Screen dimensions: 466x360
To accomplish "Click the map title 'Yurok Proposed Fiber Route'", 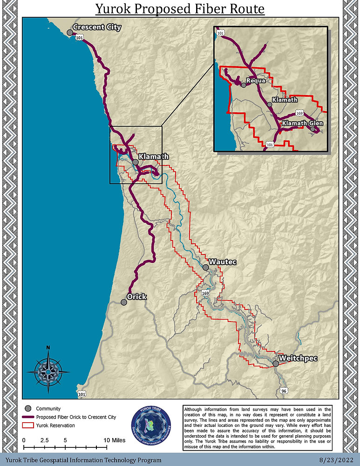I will click(180, 9).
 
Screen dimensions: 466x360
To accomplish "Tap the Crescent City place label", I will click(97, 27).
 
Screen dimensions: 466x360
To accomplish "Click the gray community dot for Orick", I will click(124, 302).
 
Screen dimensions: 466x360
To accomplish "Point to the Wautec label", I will click(223, 262).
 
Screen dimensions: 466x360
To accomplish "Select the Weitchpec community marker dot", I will click(276, 363).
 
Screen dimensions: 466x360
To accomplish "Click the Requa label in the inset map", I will click(256, 81).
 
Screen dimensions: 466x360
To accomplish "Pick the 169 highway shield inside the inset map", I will click(299, 113).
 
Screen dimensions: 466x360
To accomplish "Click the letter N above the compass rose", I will click(48, 348).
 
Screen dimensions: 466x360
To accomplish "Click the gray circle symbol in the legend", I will click(27, 409).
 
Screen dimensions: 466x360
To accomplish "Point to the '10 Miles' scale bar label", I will click(115, 440).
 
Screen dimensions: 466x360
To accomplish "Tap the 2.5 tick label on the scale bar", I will click(45, 440).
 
